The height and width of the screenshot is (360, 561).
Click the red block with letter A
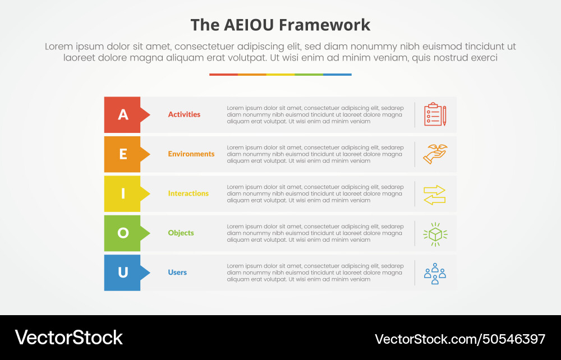tap(123, 115)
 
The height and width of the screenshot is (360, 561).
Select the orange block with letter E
tap(123, 154)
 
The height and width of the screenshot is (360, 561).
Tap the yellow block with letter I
tap(123, 193)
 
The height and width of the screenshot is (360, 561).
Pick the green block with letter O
tap(123, 233)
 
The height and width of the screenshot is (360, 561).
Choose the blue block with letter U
tap(123, 273)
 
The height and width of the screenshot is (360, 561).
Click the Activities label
tap(184, 114)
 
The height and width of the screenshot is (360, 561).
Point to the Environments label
tap(191, 154)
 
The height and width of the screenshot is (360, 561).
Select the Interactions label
tap(188, 193)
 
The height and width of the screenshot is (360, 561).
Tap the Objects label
tap(181, 233)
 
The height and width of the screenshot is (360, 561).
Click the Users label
tap(177, 273)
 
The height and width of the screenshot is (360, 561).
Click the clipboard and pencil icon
tap(435, 114)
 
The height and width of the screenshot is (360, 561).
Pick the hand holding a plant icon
tap(435, 154)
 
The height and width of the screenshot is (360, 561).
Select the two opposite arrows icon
tap(435, 194)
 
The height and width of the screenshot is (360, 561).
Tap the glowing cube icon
tap(435, 233)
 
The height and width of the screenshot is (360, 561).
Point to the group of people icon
tap(435, 273)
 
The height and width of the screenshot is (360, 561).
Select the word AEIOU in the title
tap(246, 25)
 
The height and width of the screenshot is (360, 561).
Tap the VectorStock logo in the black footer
tap(68, 338)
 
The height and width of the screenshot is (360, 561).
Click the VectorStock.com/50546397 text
tap(460, 339)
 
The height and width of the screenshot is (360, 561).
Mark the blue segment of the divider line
tap(337, 74)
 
